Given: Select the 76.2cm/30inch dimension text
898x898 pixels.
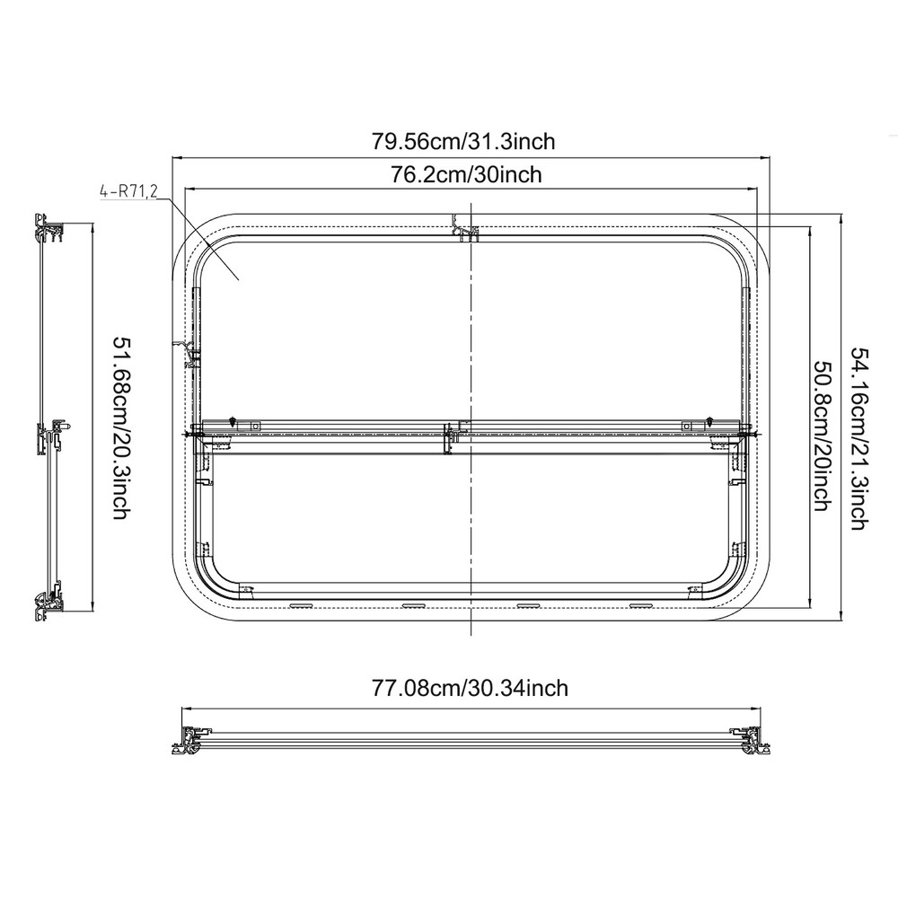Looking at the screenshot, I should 466,174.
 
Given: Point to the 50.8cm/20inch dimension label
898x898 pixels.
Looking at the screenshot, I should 820,436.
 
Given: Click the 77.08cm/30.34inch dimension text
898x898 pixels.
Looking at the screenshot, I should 470,688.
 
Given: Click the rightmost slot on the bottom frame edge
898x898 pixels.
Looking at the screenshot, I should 641,604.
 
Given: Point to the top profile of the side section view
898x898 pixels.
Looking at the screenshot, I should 48,228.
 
